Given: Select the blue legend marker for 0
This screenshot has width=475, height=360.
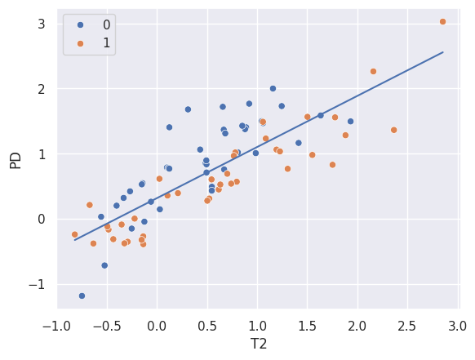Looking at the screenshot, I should tap(79, 24).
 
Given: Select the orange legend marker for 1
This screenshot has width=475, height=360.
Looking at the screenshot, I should tap(79, 42).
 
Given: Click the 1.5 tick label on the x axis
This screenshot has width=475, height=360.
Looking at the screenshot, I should tap(308, 327).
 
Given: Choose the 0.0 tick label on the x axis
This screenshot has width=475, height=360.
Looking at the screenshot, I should tap(157, 327).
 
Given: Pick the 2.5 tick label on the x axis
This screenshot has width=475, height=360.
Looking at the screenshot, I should tap(408, 327).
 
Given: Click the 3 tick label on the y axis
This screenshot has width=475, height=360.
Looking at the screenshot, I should tap(40, 24).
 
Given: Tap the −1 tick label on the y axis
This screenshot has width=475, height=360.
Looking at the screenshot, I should tap(36, 284).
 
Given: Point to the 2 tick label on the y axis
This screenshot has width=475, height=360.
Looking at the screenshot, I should tap(40, 89).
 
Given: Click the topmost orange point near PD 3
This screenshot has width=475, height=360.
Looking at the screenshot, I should tap(442, 22).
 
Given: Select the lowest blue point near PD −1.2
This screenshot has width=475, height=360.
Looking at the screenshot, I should tap(82, 296).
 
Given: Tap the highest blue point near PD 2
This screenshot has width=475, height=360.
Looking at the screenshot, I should tap(273, 88).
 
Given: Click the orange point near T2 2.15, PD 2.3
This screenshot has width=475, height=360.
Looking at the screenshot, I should tap(373, 71).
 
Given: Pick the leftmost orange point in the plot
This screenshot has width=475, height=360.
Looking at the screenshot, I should tap(74, 234).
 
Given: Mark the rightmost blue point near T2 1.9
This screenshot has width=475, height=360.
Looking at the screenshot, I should tap(350, 122).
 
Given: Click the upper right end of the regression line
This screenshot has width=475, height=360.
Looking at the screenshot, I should tap(442, 52).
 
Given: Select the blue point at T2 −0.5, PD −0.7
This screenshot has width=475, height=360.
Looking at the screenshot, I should tap(104, 265).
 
